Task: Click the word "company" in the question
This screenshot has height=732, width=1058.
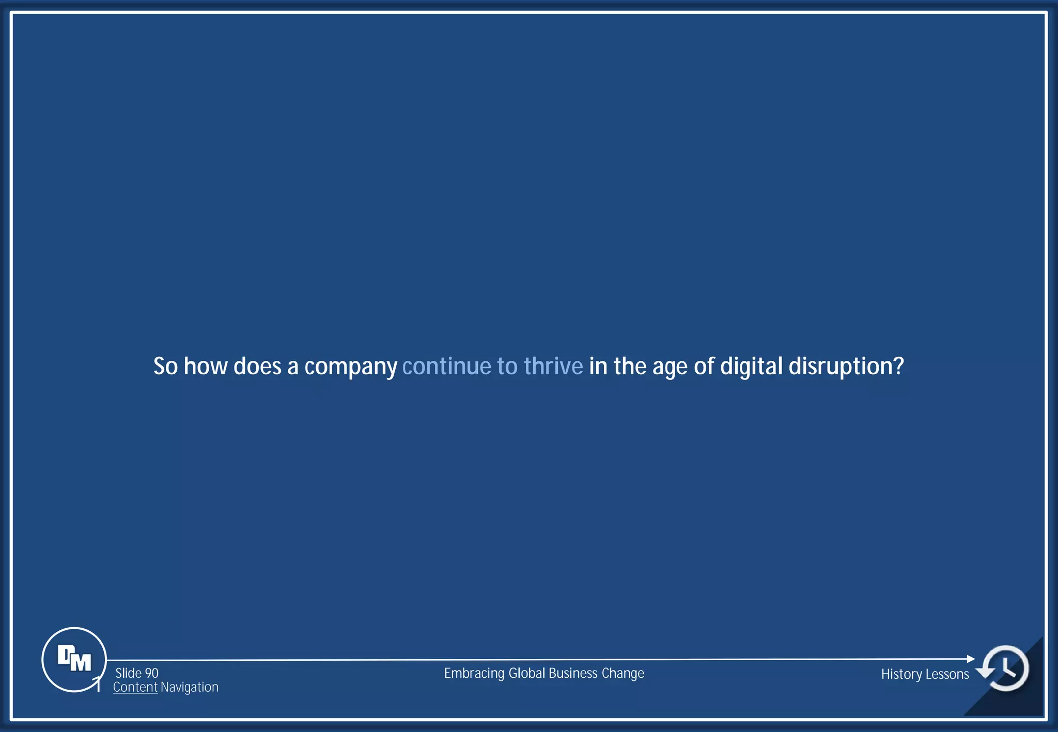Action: [x=350, y=367]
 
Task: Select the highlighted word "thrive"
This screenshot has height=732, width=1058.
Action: [x=553, y=366]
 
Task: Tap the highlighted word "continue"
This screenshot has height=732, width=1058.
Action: [x=446, y=366]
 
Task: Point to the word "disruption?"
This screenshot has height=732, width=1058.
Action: [x=846, y=367]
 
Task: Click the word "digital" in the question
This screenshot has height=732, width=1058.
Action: [x=751, y=367]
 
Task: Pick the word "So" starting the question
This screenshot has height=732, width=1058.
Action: [x=165, y=366]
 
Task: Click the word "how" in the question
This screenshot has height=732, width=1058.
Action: [x=206, y=366]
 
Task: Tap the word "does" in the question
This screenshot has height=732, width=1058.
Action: [x=257, y=366]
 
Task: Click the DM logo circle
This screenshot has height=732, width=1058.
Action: [x=74, y=659]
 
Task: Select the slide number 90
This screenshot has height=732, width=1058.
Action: [x=151, y=673]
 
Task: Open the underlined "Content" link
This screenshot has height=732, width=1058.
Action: [x=135, y=687]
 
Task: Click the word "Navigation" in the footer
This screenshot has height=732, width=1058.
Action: [x=190, y=687]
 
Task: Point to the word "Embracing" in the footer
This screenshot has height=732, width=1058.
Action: [x=474, y=674]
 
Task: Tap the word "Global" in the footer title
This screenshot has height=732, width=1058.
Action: [x=527, y=673]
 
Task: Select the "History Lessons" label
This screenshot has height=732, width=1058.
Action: [x=925, y=674]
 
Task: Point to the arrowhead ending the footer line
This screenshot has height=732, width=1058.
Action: [x=971, y=659]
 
